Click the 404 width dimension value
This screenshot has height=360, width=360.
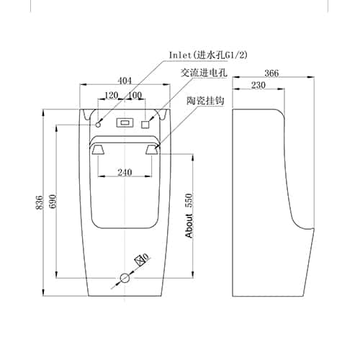click(x=125, y=81)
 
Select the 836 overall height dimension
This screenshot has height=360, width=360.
click(x=40, y=202)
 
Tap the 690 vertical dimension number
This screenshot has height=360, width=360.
click(x=53, y=201)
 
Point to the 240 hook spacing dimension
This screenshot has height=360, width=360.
click(x=125, y=172)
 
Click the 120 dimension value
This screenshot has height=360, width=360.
click(x=112, y=95)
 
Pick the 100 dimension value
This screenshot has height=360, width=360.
click(x=135, y=95)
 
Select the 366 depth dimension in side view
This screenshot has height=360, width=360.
click(x=271, y=73)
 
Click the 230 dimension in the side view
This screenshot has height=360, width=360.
click(x=258, y=85)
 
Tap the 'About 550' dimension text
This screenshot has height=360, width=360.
click(x=189, y=215)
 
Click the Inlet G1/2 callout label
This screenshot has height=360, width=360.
click(x=208, y=55)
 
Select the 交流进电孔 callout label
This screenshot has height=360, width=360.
click(x=204, y=73)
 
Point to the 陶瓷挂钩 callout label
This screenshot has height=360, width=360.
click(x=205, y=100)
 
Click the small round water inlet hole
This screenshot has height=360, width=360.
click(x=98, y=125)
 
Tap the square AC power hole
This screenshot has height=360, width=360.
click(x=145, y=125)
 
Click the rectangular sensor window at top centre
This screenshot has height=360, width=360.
click(x=124, y=123)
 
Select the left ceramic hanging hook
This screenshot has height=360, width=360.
click(x=98, y=150)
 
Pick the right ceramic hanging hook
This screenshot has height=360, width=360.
click(x=152, y=149)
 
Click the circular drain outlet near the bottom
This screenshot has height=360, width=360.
click(x=125, y=278)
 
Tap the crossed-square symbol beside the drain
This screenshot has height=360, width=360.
click(x=140, y=261)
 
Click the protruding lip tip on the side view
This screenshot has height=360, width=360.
click(x=313, y=229)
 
